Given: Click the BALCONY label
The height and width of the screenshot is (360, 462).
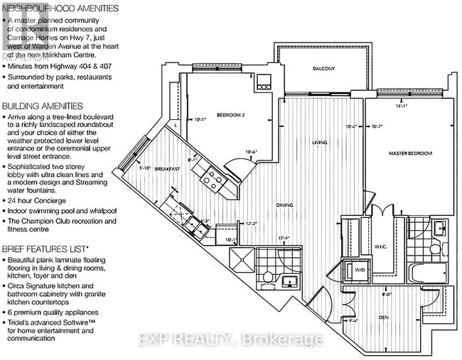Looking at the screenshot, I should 323,69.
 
